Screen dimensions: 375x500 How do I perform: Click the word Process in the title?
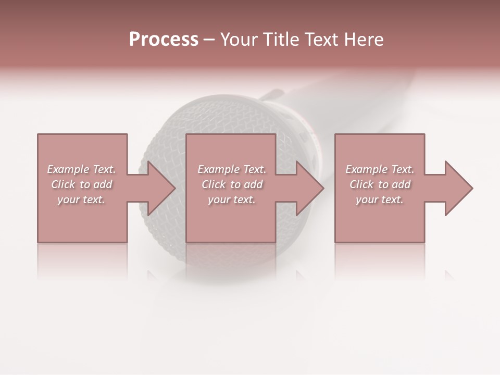(x=164, y=40)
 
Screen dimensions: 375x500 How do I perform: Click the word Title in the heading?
(x=280, y=40)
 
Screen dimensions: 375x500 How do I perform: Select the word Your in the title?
(x=238, y=40)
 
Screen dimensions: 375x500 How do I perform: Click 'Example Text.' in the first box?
(x=81, y=169)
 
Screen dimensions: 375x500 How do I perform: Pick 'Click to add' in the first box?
(x=82, y=184)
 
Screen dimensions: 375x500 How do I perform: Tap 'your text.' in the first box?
(x=81, y=199)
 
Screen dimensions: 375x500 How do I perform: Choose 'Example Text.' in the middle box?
(x=232, y=169)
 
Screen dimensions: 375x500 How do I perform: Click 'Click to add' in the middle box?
(x=232, y=184)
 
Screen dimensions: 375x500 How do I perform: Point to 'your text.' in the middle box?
(x=232, y=199)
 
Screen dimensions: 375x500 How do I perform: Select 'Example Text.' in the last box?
(x=380, y=169)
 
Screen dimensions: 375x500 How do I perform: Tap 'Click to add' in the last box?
(x=380, y=184)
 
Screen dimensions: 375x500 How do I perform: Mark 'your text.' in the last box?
(x=380, y=199)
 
